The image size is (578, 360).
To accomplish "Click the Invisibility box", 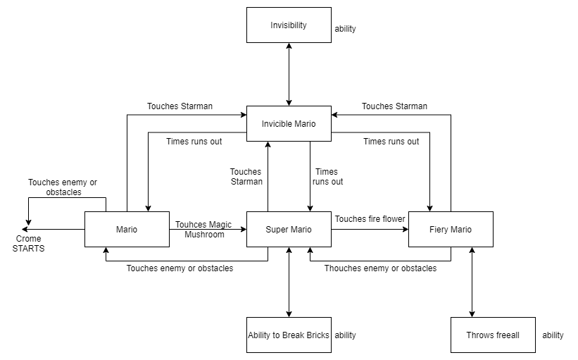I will pos(289,25).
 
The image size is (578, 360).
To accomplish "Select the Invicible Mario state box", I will pos(289,124).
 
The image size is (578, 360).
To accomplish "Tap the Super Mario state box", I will pos(289,230).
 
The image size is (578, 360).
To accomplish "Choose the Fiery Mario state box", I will pos(451,230).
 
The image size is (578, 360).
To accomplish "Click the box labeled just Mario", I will pos(127,230).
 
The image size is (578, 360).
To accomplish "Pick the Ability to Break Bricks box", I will pos(289,335).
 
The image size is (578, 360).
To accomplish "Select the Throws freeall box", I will pos(493,335).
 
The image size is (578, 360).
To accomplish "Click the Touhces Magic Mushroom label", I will pos(203,229).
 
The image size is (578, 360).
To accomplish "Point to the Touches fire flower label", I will pos(370,219).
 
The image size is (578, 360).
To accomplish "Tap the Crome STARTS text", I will pos(29,244).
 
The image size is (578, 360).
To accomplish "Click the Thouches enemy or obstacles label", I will pos(380,268).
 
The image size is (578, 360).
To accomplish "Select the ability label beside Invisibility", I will pos(345,29).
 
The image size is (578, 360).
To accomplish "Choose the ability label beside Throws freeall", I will pos(553,335).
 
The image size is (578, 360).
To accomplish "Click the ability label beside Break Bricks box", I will pos(345,335).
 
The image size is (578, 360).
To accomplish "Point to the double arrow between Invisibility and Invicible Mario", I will pos(289,75).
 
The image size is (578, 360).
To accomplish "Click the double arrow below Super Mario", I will pos(289,283).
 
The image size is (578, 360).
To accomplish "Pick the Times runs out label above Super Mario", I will pos(327,177).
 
